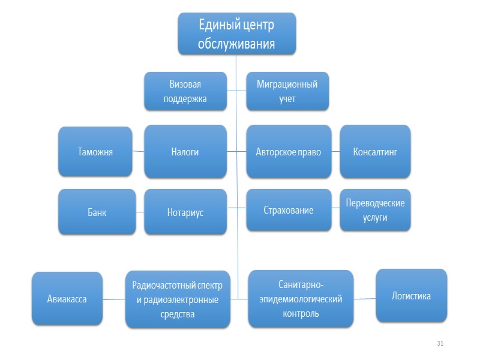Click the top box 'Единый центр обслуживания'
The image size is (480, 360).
236,34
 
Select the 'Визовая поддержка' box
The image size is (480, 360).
185,91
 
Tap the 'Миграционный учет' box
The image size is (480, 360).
287,91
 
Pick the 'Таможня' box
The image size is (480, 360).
95,151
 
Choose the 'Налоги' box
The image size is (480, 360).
185,151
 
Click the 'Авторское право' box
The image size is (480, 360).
289,151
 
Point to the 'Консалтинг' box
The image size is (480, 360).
375,151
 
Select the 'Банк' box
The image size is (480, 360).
96,212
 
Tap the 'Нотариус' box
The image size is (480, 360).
185,212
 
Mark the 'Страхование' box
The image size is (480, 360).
289,211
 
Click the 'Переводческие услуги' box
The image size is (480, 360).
375,210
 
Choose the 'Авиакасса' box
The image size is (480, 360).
67,299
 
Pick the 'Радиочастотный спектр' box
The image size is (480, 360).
178,299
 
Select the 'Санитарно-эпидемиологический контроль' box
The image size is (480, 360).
301,298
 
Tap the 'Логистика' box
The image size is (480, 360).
411,296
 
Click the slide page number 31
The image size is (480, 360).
440,343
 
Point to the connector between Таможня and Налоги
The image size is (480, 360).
138,151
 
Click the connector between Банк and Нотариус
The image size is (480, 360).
140,212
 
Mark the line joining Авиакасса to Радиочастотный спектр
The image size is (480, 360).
113,299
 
